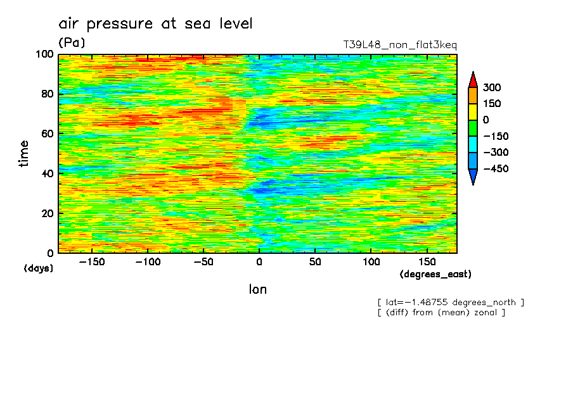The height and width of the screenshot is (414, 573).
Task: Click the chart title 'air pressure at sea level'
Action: coord(155,24)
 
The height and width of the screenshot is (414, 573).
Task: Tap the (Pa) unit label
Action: coord(72,43)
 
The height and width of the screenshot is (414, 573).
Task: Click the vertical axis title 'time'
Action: coord(25,153)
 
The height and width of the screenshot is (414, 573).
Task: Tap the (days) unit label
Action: coord(39,268)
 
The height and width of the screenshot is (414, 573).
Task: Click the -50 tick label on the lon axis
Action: coord(203,261)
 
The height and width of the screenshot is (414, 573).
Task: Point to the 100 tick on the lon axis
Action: coord(371,261)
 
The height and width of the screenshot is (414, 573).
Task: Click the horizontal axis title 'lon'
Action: coord(258,290)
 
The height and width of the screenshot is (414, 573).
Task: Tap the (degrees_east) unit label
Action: coord(435,274)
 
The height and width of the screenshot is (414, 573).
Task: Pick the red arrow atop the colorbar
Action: coord(473,79)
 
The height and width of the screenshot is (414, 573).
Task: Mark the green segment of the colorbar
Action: coord(473,128)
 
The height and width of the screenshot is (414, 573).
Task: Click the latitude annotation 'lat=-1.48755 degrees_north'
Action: coord(451,302)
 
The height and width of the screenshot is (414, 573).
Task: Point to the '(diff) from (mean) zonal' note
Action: coord(441,312)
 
